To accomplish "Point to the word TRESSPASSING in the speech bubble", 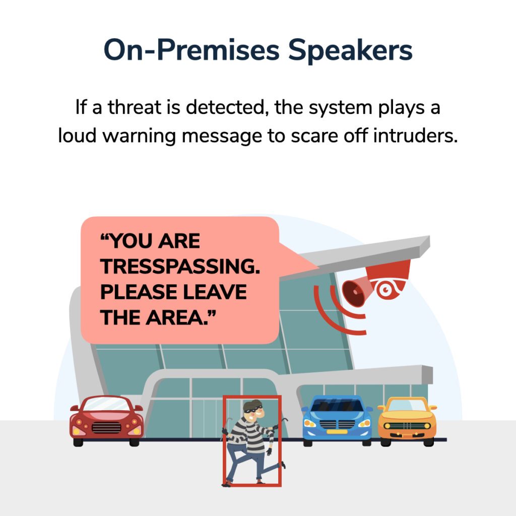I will [x=180, y=267].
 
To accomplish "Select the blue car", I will [x=337, y=421].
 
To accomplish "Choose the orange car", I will [x=407, y=421].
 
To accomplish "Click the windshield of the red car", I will [x=106, y=404].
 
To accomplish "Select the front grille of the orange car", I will [x=407, y=426].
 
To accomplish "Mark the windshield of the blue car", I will [x=337, y=405].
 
